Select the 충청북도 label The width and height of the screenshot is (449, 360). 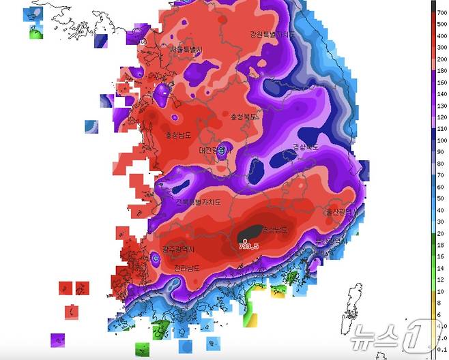(244, 117)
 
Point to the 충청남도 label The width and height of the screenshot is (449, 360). (179, 134)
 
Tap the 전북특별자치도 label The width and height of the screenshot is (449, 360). (199, 202)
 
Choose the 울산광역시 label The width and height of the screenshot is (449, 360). (339, 212)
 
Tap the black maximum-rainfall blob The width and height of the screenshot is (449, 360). (250, 233)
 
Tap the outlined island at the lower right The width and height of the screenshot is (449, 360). (354, 306)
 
